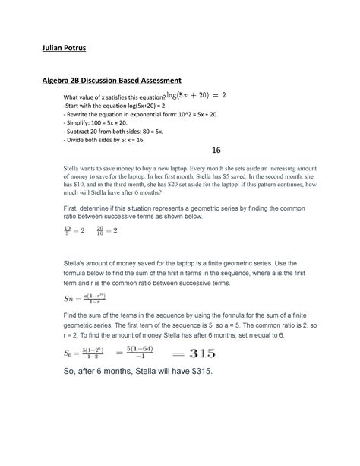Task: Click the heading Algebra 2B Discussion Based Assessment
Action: coord(113,81)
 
